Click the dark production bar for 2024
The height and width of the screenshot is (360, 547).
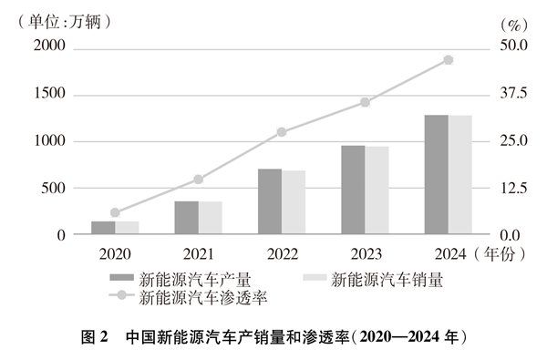point(436,175)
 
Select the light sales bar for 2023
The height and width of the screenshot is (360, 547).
point(377,190)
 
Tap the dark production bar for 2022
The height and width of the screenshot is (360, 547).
point(270,201)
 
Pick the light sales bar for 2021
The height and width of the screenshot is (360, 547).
point(211,218)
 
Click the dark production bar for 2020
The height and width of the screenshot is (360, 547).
point(104,228)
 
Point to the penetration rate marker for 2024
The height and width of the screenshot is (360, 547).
point(448,60)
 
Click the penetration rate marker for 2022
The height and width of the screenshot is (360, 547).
point(282,132)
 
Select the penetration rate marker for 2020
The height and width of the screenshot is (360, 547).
point(115,212)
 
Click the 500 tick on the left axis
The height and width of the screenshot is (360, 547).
point(55,188)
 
